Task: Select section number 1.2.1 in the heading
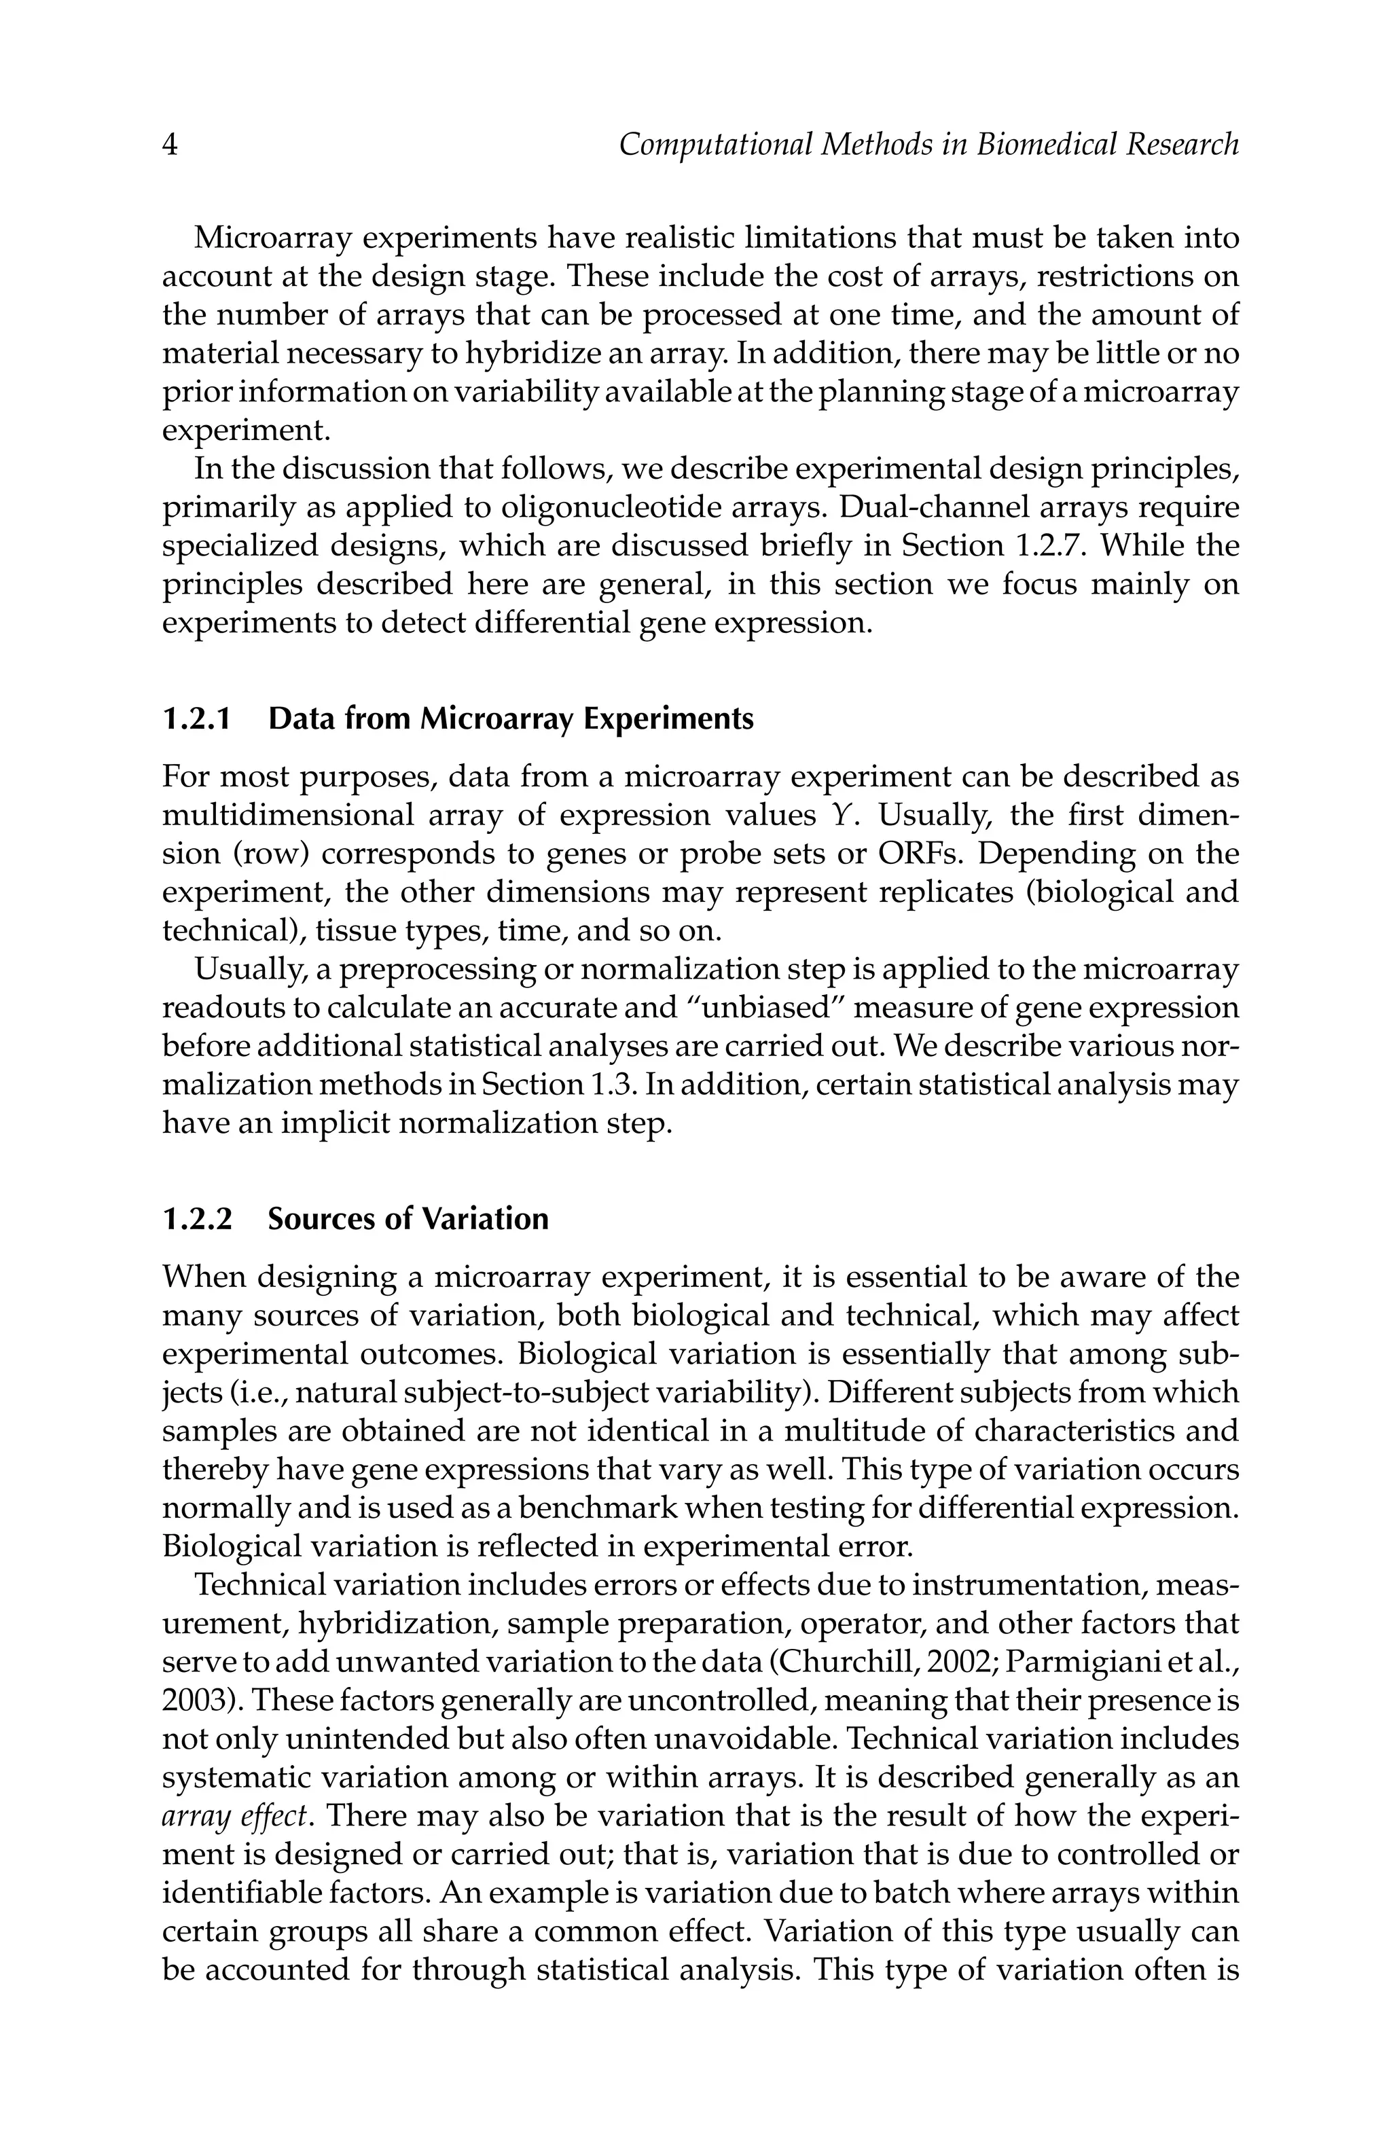tap(197, 720)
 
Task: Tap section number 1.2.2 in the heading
tap(197, 1219)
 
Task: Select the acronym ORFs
tap(917, 854)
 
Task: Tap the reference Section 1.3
tap(558, 1085)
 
